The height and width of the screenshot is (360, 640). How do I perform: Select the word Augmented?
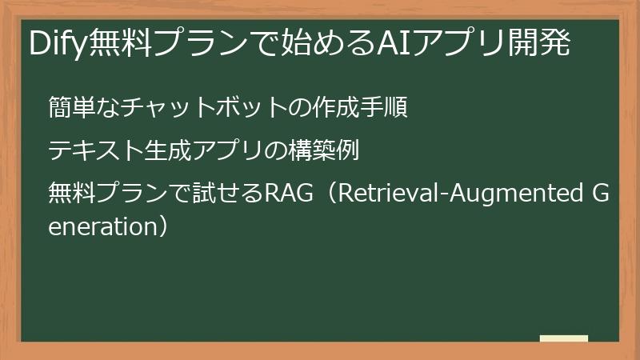(516, 194)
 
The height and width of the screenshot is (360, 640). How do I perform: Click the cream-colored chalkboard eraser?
(564, 338)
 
